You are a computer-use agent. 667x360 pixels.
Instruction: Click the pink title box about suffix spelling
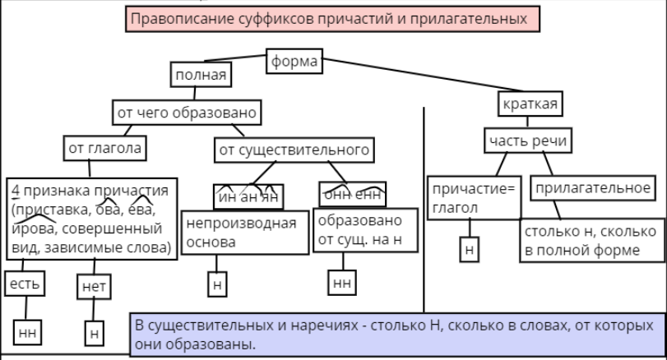pos(333,19)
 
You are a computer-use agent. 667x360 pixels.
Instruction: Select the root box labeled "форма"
pos(294,62)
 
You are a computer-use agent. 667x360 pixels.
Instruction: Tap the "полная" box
pos(200,76)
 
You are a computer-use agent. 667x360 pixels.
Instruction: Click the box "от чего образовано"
pos(188,111)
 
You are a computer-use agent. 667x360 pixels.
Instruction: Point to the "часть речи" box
pos(527,141)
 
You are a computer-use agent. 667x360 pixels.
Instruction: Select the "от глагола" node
pos(104,149)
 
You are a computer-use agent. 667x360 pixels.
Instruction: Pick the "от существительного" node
pos(294,150)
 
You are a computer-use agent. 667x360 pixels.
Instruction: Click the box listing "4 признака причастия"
pos(91,218)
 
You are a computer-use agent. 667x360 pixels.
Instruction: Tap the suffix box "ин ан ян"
pos(248,196)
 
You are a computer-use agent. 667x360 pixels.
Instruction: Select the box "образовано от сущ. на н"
pos(359,233)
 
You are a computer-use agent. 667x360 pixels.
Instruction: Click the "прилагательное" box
pos(591,189)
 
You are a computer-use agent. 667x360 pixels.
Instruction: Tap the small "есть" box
pos(23,284)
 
